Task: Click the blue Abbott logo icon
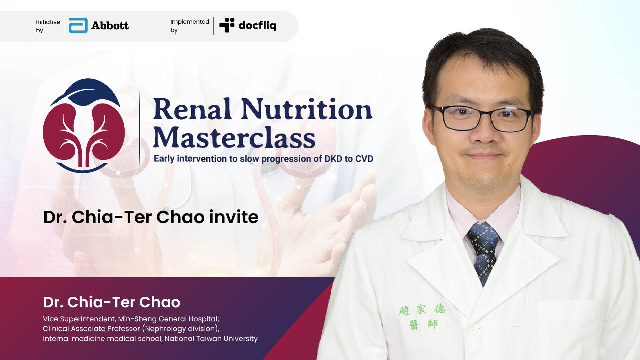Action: [78, 26]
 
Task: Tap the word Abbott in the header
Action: [110, 26]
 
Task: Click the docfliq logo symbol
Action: [227, 25]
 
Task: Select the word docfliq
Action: [257, 25]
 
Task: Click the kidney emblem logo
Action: [84, 126]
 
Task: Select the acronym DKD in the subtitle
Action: [333, 159]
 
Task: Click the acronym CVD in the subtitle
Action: [364, 159]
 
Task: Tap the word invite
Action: [234, 217]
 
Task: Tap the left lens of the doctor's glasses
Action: [462, 118]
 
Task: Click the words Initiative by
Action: [48, 26]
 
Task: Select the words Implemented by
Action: [190, 26]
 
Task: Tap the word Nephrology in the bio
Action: [165, 329]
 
